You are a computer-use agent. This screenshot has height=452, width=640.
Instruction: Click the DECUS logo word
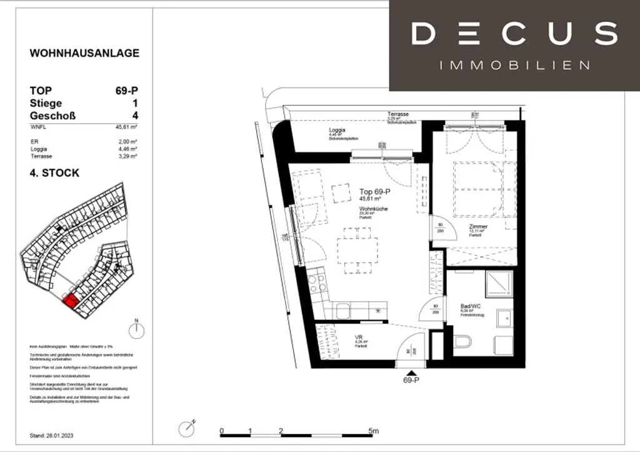(514, 33)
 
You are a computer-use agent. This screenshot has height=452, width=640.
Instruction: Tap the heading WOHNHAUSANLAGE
(84, 53)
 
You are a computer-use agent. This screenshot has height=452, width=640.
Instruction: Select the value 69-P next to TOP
(127, 91)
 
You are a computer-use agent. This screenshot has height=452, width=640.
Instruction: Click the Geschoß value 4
(135, 115)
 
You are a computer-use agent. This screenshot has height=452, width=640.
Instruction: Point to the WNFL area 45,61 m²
(127, 127)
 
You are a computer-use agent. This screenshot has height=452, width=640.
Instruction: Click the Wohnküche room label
(374, 209)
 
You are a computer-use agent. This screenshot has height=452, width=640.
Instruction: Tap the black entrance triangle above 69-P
(410, 371)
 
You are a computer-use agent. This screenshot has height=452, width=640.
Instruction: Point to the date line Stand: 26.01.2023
(55, 435)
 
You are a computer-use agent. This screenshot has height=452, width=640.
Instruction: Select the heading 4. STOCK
(55, 173)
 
